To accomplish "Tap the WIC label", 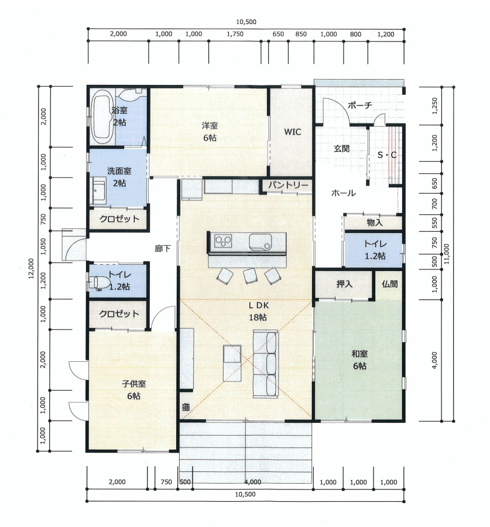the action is [292, 132].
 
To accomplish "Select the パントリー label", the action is [288, 185].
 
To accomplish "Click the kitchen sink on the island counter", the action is [260, 242].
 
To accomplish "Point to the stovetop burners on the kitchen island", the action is [223, 241].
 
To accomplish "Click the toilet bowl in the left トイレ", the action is [97, 283].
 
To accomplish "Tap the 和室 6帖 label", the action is [359, 360].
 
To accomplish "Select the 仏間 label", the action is [389, 284].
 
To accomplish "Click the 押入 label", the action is [344, 284].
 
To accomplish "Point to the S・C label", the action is [387, 155].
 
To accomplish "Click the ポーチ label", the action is [360, 105].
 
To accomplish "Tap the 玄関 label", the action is [342, 148].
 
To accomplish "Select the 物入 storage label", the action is [375, 222].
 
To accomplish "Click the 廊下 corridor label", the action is [163, 248].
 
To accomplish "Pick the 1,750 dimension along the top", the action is [235, 34].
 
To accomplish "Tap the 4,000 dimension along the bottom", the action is [253, 482].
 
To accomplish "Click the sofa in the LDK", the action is [266, 364].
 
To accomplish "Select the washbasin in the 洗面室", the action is [98, 191].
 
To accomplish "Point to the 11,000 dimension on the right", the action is [447, 254].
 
